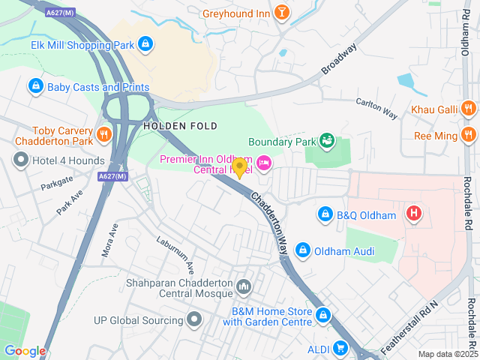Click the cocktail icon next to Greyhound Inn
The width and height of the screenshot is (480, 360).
coord(281,12)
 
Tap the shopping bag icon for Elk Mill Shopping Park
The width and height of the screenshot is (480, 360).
coord(145,45)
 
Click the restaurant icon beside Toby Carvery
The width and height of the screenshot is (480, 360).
coord(104,135)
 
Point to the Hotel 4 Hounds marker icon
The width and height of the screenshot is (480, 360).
coord(21,159)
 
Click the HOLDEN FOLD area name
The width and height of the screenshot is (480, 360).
coord(180,126)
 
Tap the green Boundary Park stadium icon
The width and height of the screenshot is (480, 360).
coord(326,140)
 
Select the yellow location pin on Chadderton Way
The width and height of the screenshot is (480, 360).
coord(240,167)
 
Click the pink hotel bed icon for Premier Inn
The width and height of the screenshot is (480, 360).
coord(263,162)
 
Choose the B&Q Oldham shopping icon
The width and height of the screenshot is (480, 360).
coord(325,215)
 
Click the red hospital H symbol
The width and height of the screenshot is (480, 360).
coord(413,214)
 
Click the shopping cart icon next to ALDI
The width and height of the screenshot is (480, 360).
coord(340,347)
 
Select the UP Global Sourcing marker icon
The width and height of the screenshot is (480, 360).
coord(195,320)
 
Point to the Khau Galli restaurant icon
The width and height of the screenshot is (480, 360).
coord(469,109)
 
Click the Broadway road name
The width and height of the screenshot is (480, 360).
coord(340,58)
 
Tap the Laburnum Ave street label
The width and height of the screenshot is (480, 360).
coord(175,255)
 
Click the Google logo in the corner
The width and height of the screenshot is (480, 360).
coord(25,351)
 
